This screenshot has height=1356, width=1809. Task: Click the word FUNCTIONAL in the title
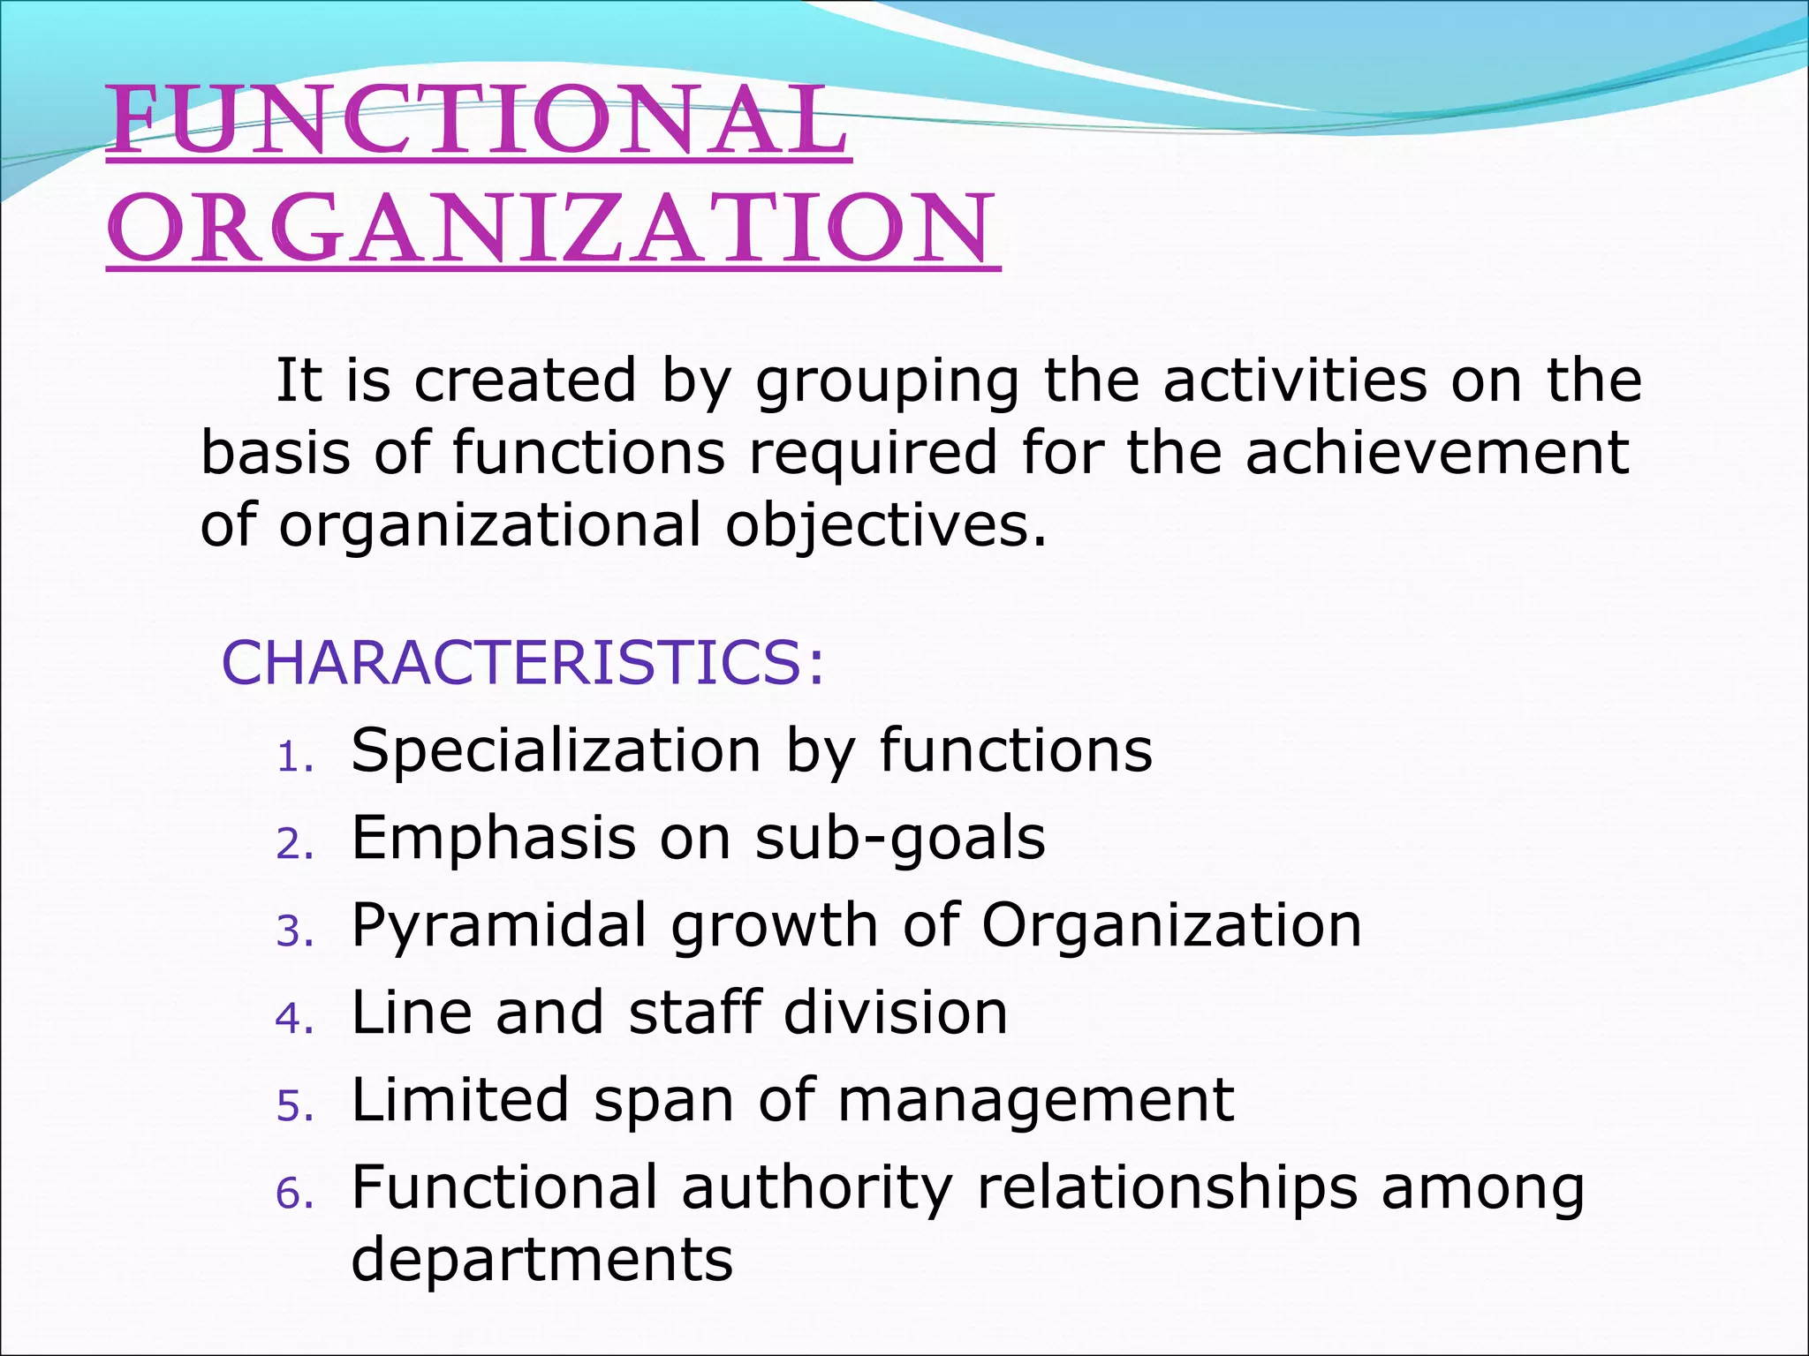tap(477, 122)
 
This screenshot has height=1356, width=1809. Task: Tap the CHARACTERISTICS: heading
tap(523, 662)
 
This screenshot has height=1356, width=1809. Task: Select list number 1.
tap(295, 757)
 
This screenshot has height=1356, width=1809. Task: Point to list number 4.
tap(295, 1019)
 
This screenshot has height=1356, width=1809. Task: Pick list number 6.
tap(295, 1194)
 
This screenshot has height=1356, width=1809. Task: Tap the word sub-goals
tap(900, 838)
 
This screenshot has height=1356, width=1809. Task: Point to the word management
tap(1035, 1100)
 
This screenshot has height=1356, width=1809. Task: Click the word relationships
tap(1166, 1187)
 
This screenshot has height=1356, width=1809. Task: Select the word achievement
tap(1436, 452)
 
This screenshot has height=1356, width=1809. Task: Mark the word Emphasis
tap(493, 838)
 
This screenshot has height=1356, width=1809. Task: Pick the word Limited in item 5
tap(459, 1100)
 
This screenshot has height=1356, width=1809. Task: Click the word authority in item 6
tap(817, 1187)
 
